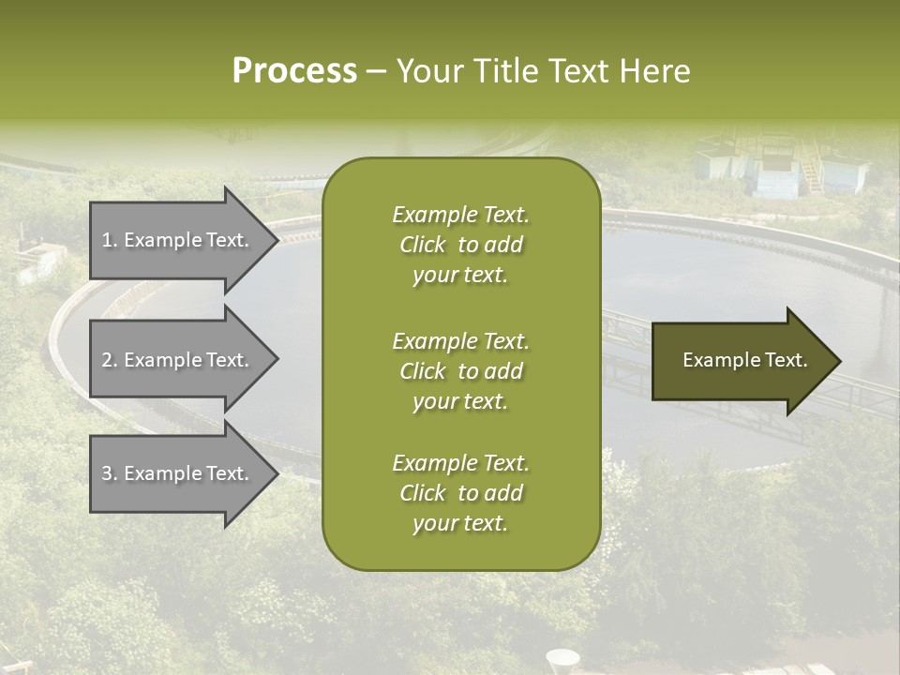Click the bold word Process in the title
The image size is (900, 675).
pyautogui.click(x=294, y=71)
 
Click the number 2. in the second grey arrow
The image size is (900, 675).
pyautogui.click(x=109, y=360)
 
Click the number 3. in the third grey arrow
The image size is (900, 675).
pyautogui.click(x=109, y=473)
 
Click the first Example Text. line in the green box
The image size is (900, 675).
pyautogui.click(x=460, y=215)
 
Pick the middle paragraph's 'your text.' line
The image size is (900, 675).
pyautogui.click(x=460, y=401)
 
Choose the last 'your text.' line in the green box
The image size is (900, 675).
pyautogui.click(x=460, y=524)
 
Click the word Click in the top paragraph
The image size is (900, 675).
pyautogui.click(x=423, y=246)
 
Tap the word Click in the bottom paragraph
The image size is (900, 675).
pyautogui.click(x=423, y=493)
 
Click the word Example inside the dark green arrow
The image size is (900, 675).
pyautogui.click(x=715, y=360)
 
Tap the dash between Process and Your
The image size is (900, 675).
pyautogui.click(x=376, y=72)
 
